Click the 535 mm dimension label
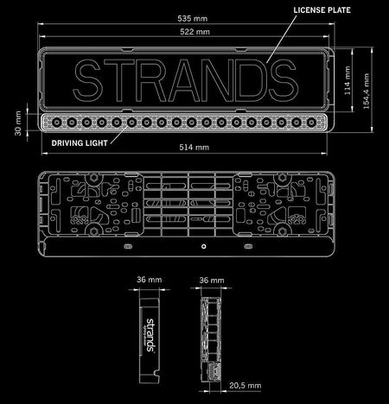pyautogui.click(x=192, y=19)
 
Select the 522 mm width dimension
pyautogui.click(x=194, y=32)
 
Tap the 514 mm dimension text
pyautogui.click(x=194, y=148)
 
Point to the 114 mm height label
pyautogui.click(x=348, y=80)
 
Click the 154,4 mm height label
pyautogui.click(x=367, y=91)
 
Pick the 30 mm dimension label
pyautogui.click(x=18, y=123)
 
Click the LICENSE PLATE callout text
pyautogui.click(x=322, y=10)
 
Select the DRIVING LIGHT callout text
pyautogui.click(x=80, y=143)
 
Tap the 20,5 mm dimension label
pyautogui.click(x=246, y=385)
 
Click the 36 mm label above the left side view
pyautogui.click(x=150, y=280)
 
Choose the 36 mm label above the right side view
pyautogui.click(x=212, y=281)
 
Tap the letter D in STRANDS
pyautogui.click(x=252, y=80)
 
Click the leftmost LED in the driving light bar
pyautogui.click(x=56, y=123)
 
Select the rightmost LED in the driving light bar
pyautogui.click(x=311, y=123)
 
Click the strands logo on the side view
pyautogui.click(x=150, y=335)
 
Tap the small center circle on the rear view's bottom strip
pyautogui.click(x=204, y=246)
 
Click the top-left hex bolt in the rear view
pyautogui.click(x=93, y=178)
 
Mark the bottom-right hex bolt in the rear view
pyautogui.click(x=282, y=231)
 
